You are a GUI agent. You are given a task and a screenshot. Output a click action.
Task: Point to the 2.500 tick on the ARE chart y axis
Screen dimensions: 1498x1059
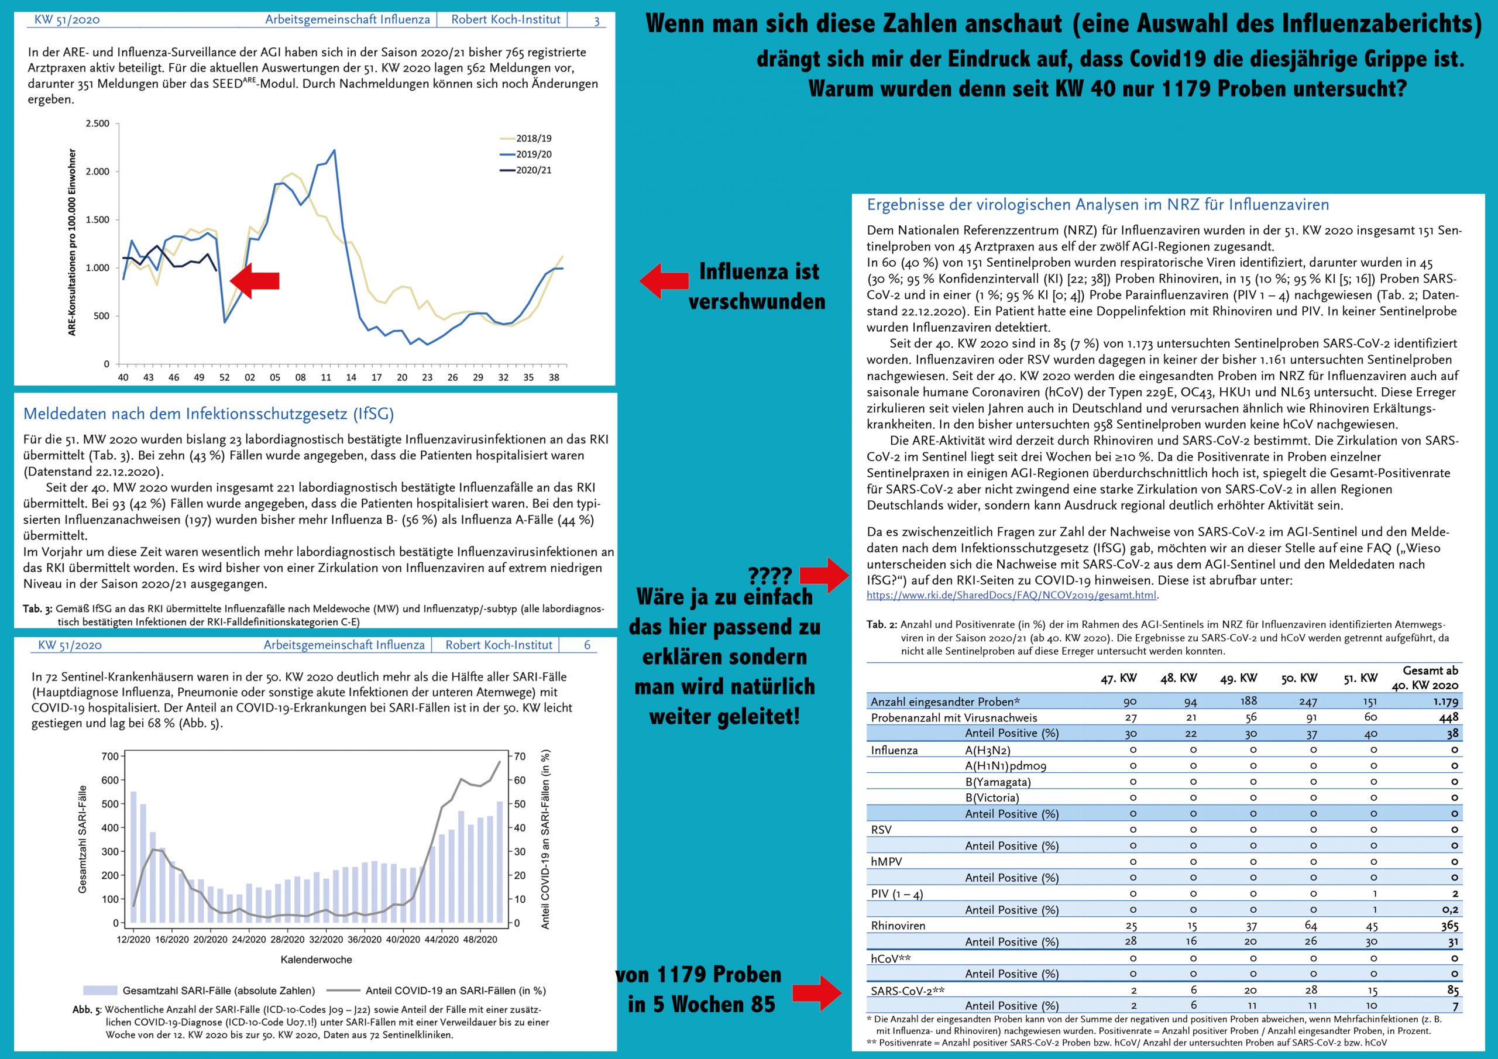[97, 123]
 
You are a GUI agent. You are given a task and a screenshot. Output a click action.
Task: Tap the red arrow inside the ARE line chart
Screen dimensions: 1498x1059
[255, 281]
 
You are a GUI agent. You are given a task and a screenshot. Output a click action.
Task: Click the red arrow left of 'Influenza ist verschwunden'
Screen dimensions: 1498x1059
[664, 281]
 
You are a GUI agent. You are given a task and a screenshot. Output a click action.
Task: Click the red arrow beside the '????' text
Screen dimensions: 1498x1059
[824, 575]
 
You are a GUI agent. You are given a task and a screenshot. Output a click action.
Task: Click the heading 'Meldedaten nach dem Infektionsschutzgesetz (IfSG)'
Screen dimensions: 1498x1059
[209, 414]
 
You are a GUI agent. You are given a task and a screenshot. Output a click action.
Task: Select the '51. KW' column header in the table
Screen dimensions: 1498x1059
[1360, 678]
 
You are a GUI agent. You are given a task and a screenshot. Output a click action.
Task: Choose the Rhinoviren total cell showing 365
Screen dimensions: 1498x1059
[1448, 925]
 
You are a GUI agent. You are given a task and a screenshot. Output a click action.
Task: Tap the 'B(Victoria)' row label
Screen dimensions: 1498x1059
[992, 797]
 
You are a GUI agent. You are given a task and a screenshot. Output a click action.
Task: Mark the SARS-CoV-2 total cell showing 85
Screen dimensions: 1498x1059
[1452, 990]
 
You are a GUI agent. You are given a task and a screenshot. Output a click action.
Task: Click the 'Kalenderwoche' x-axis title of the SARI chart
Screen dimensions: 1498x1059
[317, 960]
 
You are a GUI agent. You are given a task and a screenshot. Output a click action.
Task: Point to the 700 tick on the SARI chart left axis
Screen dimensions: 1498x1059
[109, 757]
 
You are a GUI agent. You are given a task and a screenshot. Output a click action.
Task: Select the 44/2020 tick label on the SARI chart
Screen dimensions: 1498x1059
[441, 940]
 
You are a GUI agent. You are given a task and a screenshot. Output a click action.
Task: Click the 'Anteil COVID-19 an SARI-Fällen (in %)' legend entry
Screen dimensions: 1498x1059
[437, 991]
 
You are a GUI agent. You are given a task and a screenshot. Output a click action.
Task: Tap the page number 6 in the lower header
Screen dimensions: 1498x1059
[587, 645]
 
